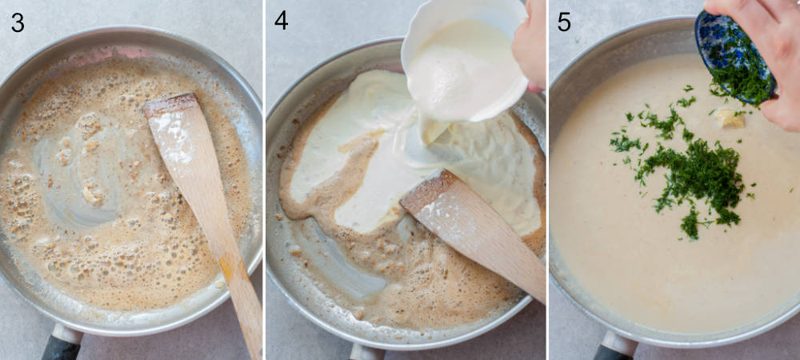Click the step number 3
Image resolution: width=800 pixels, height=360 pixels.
point(17,22)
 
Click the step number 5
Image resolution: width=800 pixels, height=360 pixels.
point(564,22)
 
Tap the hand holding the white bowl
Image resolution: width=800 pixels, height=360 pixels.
point(530,44)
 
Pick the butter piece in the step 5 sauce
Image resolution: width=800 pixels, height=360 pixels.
point(730,118)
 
